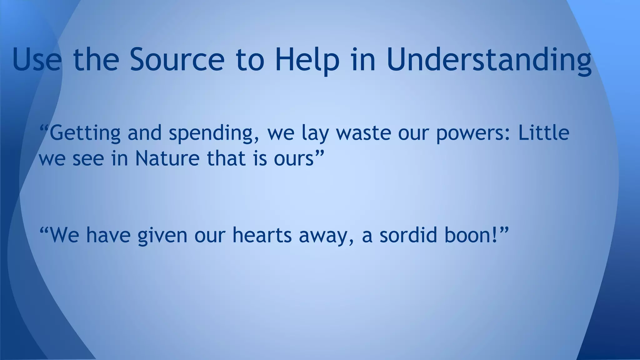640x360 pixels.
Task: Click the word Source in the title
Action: tap(177, 59)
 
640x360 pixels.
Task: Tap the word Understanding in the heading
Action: tap(489, 59)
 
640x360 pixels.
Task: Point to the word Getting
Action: tap(85, 133)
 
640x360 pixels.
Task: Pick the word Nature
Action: tap(167, 158)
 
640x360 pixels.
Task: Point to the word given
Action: tap(162, 236)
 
